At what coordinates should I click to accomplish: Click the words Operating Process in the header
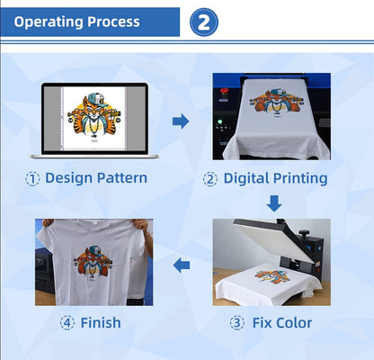click(77, 21)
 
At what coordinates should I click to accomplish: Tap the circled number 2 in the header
click(203, 22)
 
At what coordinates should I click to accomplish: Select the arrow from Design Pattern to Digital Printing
click(181, 121)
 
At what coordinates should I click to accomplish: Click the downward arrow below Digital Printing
click(273, 203)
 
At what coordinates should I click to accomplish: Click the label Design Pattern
click(95, 178)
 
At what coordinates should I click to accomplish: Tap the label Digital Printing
click(275, 178)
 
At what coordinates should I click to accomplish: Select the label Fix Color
click(281, 322)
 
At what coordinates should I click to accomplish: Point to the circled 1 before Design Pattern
click(32, 178)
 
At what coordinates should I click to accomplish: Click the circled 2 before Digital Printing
click(210, 178)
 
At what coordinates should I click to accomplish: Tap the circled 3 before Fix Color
click(237, 322)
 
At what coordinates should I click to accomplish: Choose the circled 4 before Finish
click(67, 322)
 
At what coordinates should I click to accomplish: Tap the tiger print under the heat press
click(272, 276)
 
